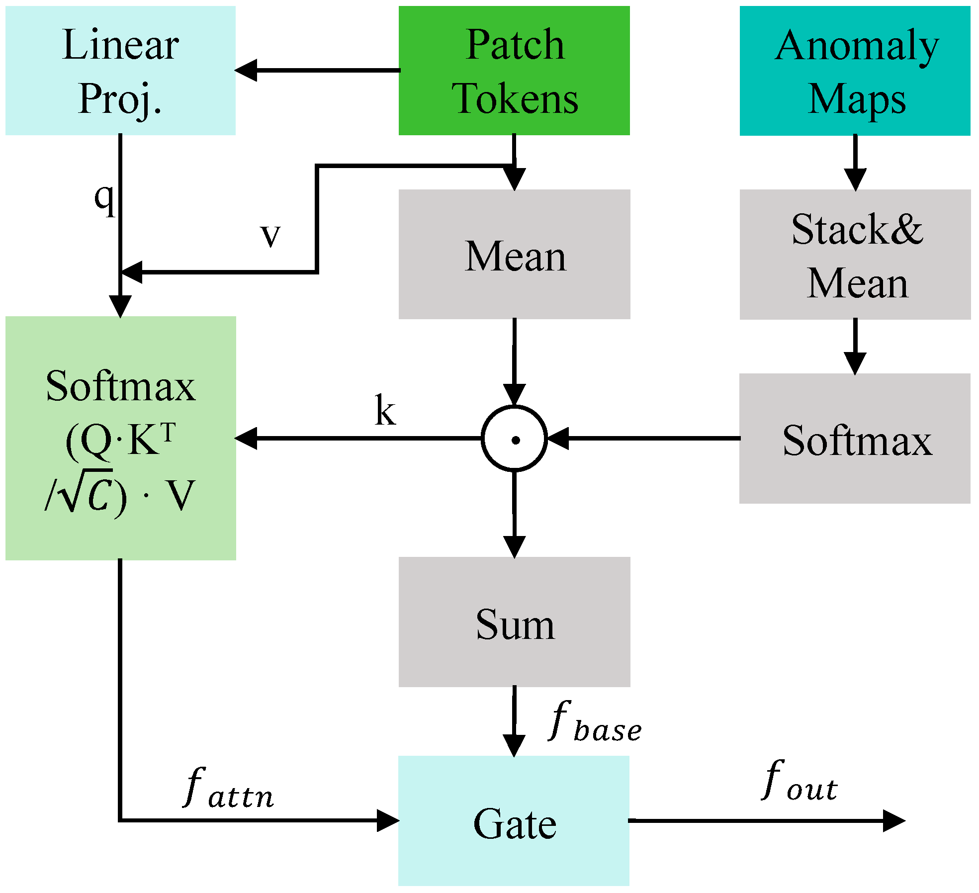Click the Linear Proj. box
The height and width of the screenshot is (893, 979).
(x=120, y=71)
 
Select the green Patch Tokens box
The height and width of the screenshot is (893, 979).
(x=514, y=71)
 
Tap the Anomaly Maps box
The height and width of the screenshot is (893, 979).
(x=855, y=71)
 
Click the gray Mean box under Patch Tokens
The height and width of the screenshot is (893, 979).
(x=514, y=255)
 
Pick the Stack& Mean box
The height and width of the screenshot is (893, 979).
(x=855, y=255)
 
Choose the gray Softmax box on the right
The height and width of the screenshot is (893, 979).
(x=855, y=439)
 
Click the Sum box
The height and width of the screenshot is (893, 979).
(x=514, y=622)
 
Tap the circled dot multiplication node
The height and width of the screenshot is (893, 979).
(x=515, y=439)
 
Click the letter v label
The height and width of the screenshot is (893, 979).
(x=270, y=235)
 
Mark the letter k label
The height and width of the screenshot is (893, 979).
(x=385, y=410)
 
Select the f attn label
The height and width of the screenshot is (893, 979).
(x=229, y=788)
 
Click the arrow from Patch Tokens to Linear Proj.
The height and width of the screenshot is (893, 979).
(x=318, y=70)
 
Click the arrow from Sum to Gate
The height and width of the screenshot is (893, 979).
(x=514, y=721)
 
